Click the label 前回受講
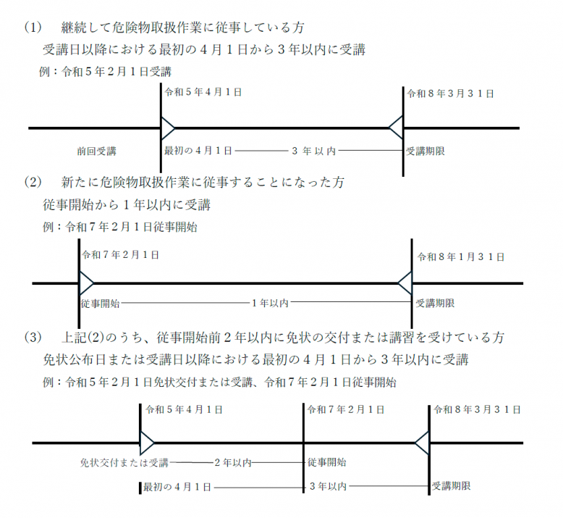click(x=96, y=151)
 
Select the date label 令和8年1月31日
click(x=460, y=257)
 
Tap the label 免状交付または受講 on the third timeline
click(x=124, y=462)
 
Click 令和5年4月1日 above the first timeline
click(x=203, y=93)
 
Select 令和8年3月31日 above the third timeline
click(x=476, y=410)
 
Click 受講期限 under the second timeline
click(x=435, y=303)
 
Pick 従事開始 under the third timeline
click(x=326, y=462)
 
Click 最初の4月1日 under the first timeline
click(x=198, y=151)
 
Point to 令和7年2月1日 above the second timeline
click(x=121, y=256)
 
